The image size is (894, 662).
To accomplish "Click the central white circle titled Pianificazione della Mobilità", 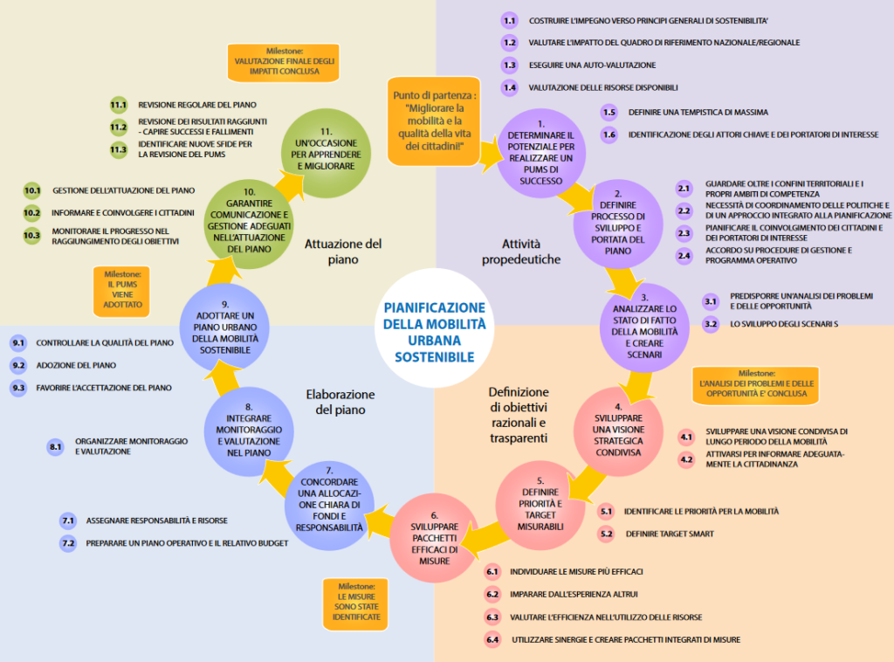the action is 435,328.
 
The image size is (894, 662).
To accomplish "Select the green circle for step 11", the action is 327,153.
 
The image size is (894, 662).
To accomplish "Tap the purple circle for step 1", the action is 541,153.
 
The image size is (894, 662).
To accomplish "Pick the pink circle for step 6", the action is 435,538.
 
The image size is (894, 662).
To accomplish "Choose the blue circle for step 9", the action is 224,328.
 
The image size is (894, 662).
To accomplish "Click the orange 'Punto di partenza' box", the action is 434,121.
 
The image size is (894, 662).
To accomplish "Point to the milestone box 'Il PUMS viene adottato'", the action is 122,291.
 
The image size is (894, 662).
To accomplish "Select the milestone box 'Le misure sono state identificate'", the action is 356,604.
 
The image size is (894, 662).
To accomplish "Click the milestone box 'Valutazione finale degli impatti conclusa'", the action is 284,62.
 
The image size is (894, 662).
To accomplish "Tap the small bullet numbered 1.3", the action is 509,65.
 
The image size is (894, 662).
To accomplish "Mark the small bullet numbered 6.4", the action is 492,640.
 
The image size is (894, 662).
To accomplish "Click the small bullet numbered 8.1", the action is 55,446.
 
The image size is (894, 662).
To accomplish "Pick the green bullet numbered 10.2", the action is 32,213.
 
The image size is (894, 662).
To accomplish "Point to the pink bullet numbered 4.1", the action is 686,438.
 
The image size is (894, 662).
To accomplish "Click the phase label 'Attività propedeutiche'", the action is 521,252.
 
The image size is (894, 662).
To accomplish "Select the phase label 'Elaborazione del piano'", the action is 340,402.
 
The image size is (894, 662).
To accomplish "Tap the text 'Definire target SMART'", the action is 670,534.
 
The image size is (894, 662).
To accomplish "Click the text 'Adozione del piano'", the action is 77,365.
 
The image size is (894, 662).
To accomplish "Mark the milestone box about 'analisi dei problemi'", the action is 756,385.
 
